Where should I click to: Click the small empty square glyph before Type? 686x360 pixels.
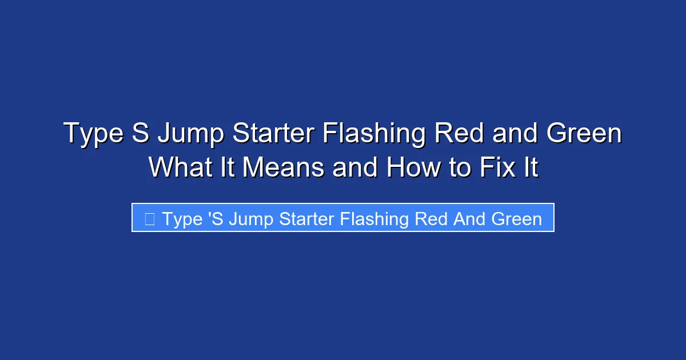point(149,219)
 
